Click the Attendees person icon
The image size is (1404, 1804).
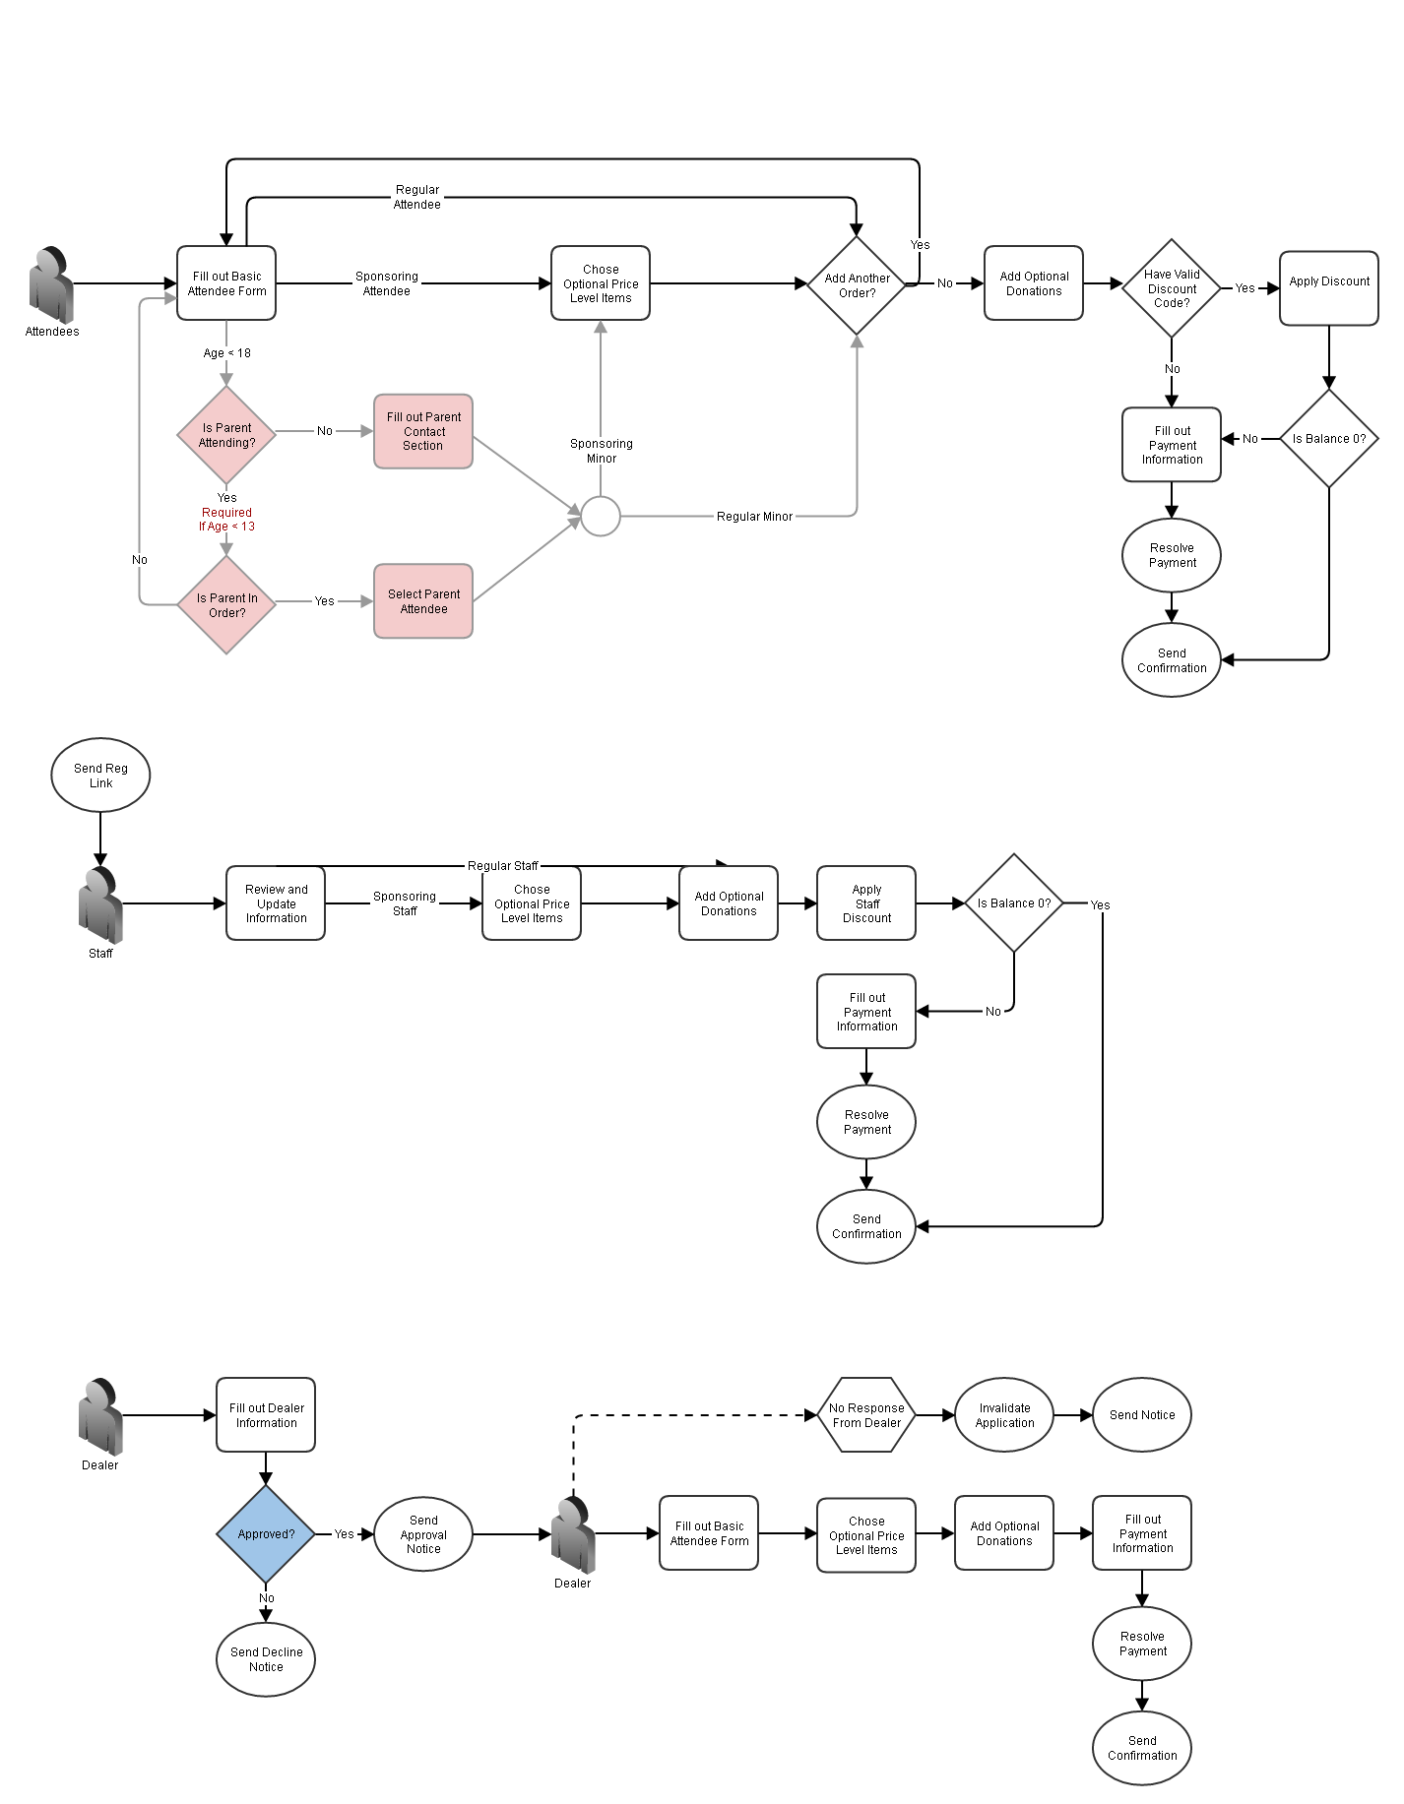tap(51, 284)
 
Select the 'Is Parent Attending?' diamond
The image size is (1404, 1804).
tap(226, 435)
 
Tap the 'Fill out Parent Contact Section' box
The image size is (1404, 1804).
tap(423, 432)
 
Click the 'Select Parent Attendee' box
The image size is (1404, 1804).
tap(423, 601)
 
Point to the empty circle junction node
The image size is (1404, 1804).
tap(601, 516)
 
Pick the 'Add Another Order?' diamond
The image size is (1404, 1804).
tap(857, 285)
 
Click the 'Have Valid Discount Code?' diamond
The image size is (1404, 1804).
tap(1172, 288)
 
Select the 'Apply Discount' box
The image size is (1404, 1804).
tap(1329, 287)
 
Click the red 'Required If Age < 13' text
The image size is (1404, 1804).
tap(226, 520)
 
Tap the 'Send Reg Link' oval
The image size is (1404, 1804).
tap(100, 776)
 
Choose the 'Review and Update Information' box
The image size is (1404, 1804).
tap(276, 903)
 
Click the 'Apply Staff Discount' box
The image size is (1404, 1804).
tap(866, 903)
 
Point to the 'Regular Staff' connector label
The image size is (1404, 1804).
tap(502, 866)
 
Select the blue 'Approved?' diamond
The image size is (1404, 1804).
tap(266, 1533)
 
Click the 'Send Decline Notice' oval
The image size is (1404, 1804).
tap(266, 1659)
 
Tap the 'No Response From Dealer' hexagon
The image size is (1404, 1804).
tap(866, 1415)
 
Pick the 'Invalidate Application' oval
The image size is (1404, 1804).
tap(1004, 1415)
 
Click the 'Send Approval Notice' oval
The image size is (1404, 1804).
tap(423, 1534)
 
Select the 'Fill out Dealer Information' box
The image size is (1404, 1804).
tap(266, 1415)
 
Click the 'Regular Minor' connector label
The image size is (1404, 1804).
tap(754, 517)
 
